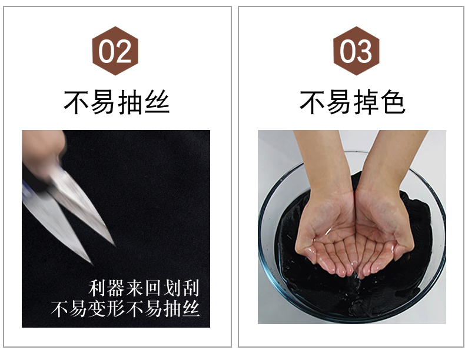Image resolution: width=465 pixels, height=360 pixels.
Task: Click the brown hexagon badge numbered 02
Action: click(115, 51)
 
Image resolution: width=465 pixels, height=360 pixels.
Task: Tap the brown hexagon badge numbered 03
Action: click(356, 51)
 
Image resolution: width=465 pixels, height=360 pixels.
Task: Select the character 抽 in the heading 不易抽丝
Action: click(129, 102)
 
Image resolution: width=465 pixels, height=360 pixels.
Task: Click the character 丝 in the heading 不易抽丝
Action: click(157, 102)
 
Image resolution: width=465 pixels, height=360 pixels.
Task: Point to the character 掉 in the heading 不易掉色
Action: click(366, 102)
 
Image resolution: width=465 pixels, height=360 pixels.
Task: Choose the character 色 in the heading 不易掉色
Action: click(393, 102)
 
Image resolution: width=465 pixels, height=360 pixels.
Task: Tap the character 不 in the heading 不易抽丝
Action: click(76, 102)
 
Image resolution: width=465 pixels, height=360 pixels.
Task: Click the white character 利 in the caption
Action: click(98, 288)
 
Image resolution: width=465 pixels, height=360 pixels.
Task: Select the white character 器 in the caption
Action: click(116, 288)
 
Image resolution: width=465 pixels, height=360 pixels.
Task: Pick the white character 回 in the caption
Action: click(153, 288)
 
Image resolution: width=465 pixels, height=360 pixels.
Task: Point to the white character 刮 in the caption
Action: click(190, 288)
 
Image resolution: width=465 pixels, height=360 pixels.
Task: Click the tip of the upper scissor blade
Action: click(114, 245)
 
